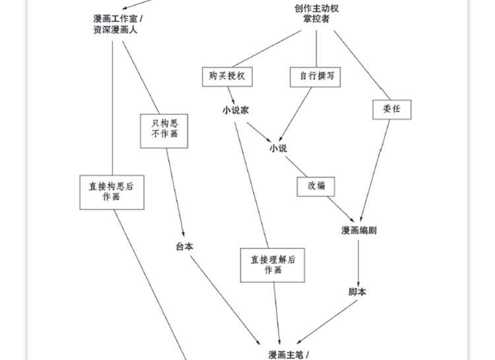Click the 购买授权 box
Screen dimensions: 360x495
[228, 77]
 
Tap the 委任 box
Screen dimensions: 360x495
[391, 110]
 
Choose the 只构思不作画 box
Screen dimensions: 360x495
[164, 130]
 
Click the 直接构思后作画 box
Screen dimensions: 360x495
[112, 192]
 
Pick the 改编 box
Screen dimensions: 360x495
[315, 186]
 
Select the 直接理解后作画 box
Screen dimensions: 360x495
[273, 264]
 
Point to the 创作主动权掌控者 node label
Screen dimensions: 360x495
[316, 14]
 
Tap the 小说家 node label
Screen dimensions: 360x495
[236, 111]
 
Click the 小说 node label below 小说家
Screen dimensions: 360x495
[278, 149]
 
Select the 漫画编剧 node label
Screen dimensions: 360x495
[358, 231]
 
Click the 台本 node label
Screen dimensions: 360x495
[185, 246]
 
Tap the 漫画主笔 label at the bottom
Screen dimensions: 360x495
[289, 355]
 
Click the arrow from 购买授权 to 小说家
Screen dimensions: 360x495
[232, 94]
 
